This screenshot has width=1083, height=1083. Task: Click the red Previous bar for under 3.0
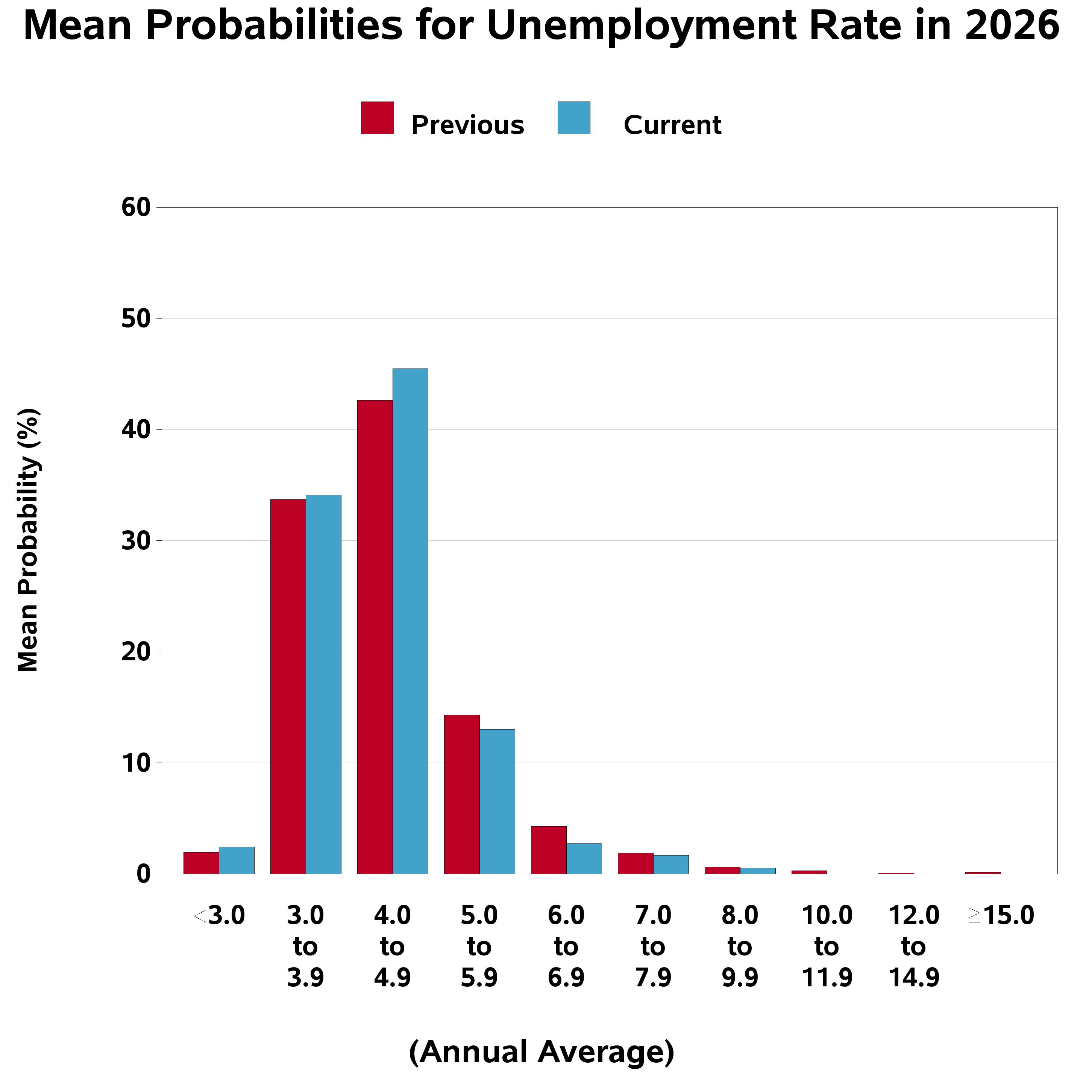click(x=201, y=863)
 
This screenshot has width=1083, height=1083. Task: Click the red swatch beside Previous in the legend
click(x=377, y=118)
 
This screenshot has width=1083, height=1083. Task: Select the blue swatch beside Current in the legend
click(x=573, y=118)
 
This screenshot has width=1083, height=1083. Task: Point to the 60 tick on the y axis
click(x=136, y=208)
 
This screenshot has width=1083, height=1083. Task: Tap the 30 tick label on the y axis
click(x=136, y=541)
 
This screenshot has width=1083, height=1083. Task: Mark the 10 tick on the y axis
click(x=136, y=763)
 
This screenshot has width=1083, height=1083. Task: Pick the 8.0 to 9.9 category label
click(x=740, y=947)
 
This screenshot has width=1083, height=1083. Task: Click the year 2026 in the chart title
click(x=1012, y=26)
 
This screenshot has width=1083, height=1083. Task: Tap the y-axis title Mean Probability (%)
click(x=28, y=540)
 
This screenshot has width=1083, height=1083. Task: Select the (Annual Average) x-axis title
click(x=541, y=1052)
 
